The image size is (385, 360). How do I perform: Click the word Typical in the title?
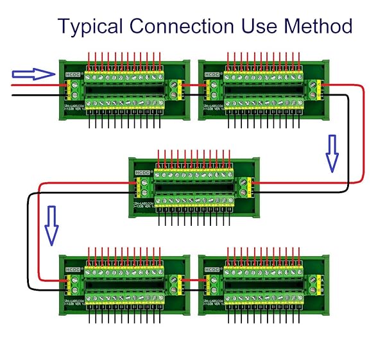coord(90,26)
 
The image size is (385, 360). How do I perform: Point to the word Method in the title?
coord(319,26)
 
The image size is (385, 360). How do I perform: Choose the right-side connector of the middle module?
coord(244,187)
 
